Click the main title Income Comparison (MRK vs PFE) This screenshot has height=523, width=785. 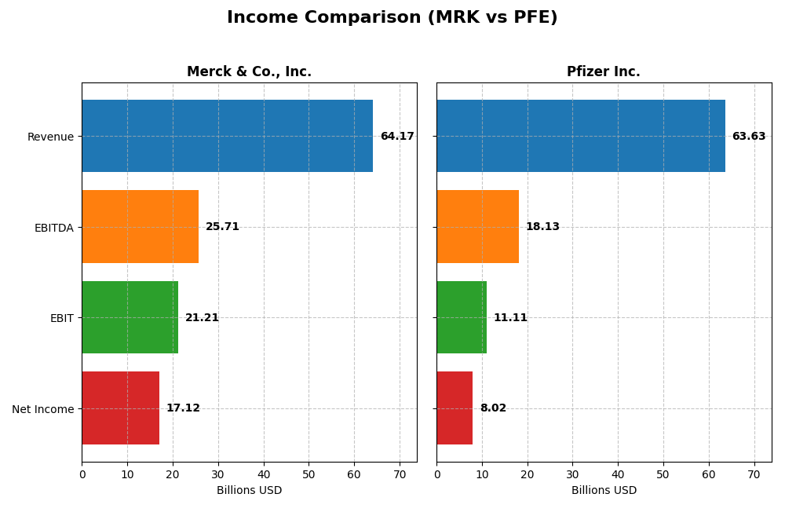tap(392, 17)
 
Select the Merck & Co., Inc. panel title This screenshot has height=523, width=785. tap(249, 72)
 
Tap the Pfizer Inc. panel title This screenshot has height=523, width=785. tap(603, 72)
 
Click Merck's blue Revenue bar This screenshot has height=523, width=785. tap(227, 136)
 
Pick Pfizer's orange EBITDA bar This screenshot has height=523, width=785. tap(477, 227)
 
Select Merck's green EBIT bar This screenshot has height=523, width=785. tap(130, 317)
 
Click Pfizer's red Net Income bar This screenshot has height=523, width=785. tap(455, 408)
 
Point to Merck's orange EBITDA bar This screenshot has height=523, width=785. tap(140, 227)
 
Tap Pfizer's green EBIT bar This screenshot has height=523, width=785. tap(462, 317)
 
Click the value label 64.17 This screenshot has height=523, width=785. tap(396, 137)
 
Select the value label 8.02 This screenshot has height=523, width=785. tap(493, 408)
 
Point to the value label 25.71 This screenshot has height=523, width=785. tap(222, 227)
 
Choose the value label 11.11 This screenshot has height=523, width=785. tap(510, 318)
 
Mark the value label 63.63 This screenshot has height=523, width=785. tap(748, 137)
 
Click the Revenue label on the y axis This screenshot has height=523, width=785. tap(50, 137)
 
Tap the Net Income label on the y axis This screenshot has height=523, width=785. tap(42, 409)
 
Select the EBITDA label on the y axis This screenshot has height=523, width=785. tap(53, 228)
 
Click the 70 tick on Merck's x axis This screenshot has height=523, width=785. tap(400, 474)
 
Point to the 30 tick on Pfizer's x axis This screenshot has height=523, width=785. tap(572, 474)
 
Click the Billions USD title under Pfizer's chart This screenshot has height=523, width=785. tap(604, 491)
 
